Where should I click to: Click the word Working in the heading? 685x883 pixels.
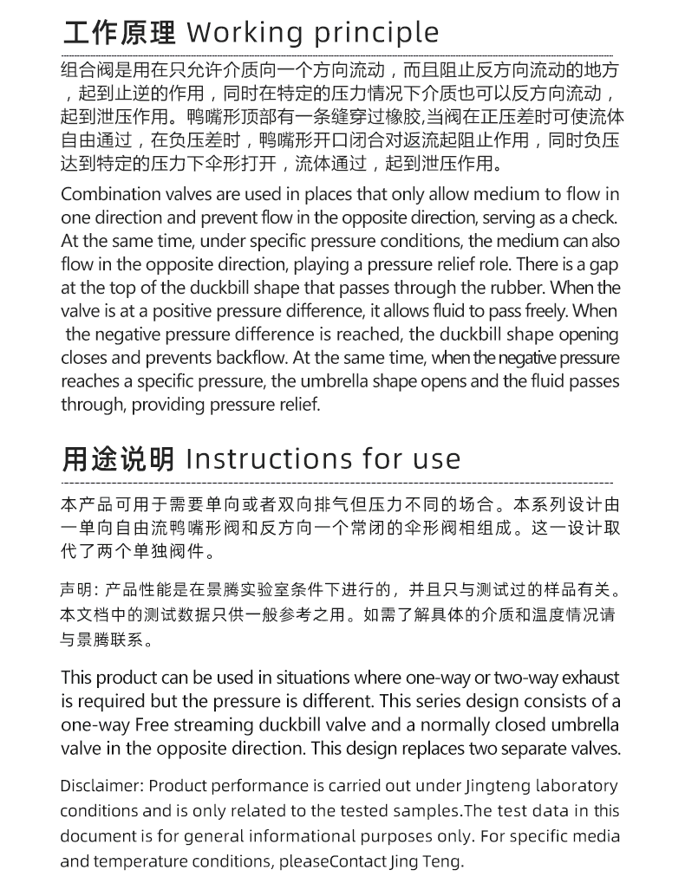coord(245,33)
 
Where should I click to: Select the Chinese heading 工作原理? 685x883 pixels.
coord(119,33)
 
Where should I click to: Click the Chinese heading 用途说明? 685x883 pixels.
coord(119,458)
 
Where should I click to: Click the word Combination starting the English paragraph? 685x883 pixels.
coord(109,193)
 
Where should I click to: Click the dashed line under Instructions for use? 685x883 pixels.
coord(338,481)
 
